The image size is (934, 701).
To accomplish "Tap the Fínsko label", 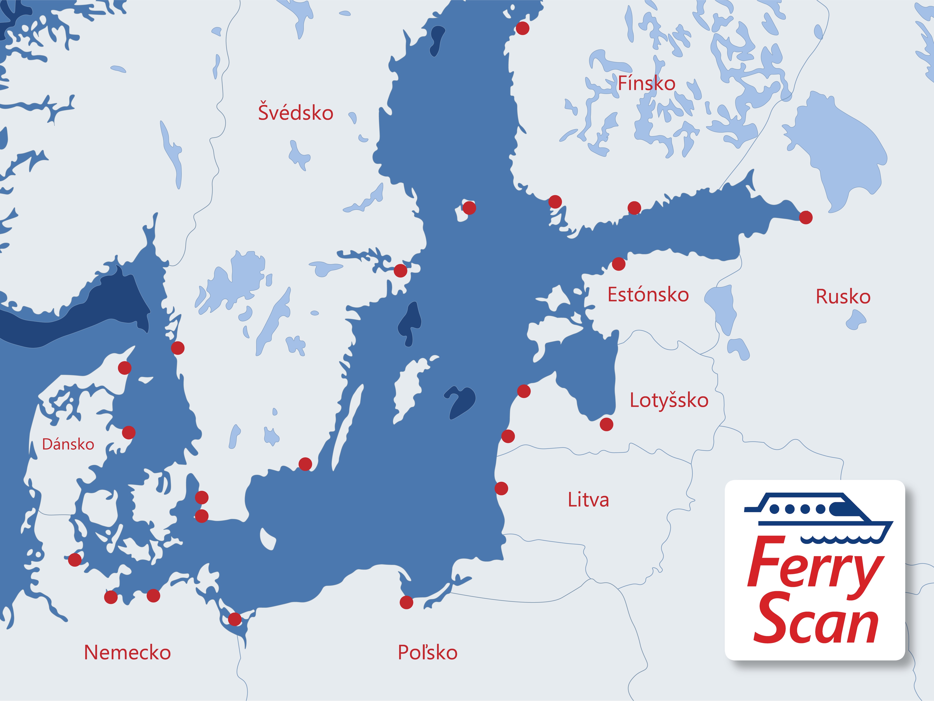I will point(647,83).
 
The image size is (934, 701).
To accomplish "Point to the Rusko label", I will point(843,297).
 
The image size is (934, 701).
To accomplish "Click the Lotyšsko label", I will point(669,400).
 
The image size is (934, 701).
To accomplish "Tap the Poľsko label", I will point(427,652).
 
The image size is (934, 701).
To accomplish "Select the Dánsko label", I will point(68,444).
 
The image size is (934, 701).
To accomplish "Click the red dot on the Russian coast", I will point(806,217).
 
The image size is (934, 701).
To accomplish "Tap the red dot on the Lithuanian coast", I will point(501,489).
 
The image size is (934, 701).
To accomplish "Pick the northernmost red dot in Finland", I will point(522,28).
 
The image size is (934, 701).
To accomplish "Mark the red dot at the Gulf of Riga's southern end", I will point(606,424).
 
